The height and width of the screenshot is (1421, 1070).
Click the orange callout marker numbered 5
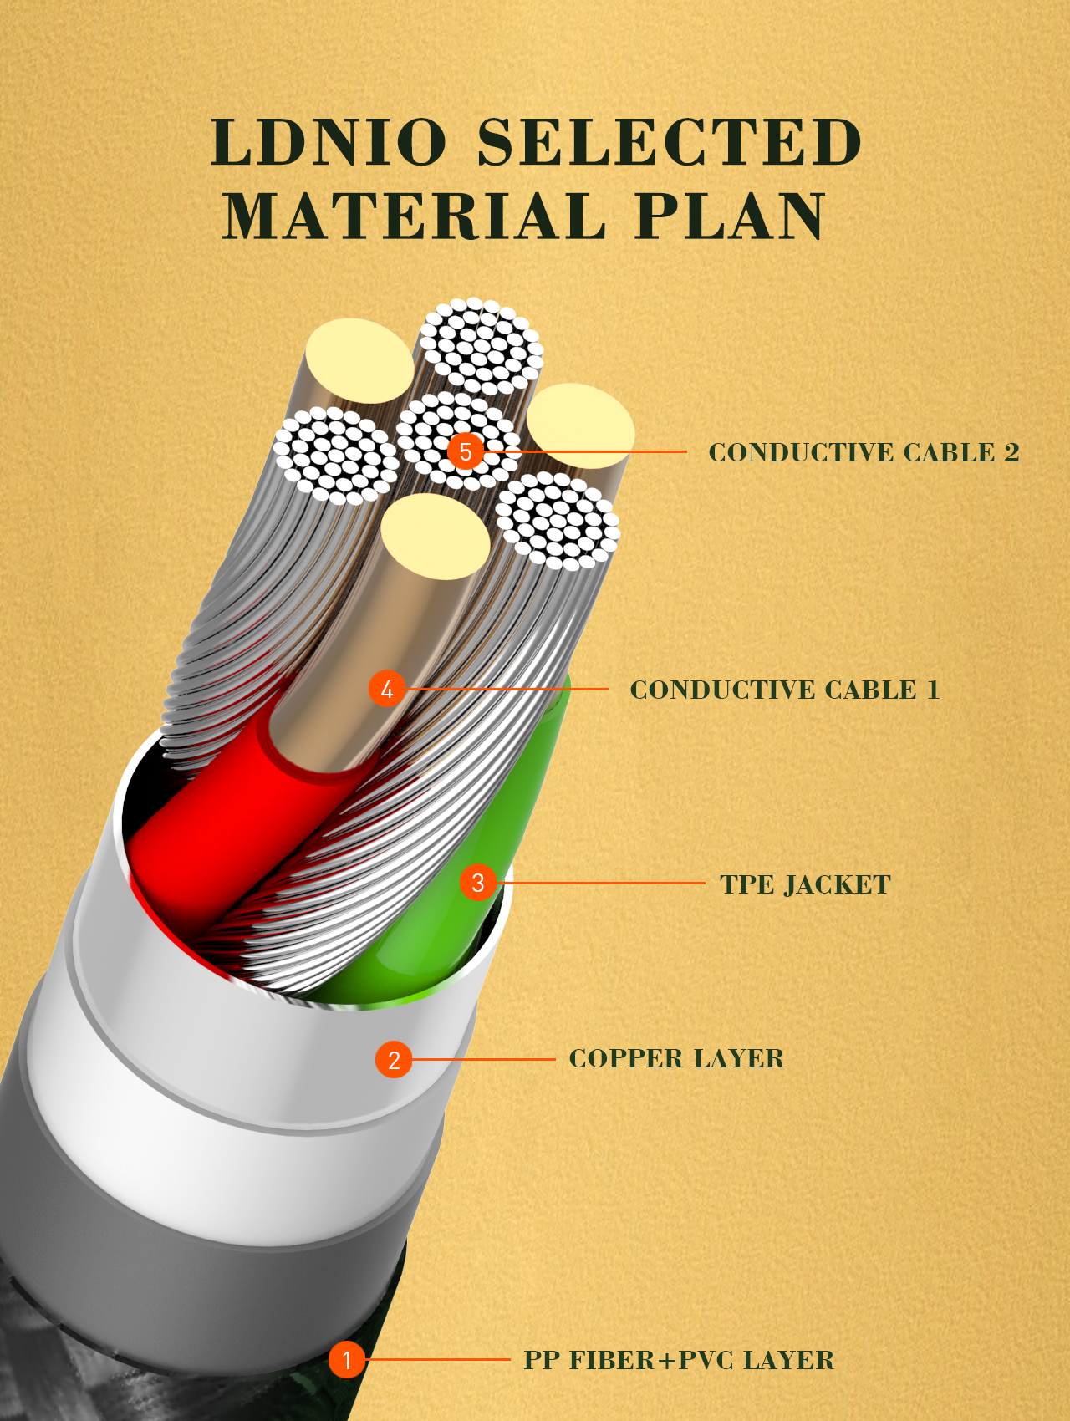coord(466,451)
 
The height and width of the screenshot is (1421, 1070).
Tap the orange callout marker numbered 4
coord(387,689)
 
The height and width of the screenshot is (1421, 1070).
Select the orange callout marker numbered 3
coord(478,883)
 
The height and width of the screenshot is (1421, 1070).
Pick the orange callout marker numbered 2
coord(394,1060)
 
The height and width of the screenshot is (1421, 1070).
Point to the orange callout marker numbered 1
coord(346,1360)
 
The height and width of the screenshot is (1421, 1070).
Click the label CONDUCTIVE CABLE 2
coord(864,452)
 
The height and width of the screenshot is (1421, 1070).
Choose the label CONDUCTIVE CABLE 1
coord(784,690)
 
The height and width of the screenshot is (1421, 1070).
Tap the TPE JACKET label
coord(805,884)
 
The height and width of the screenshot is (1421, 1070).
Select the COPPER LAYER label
coord(676,1058)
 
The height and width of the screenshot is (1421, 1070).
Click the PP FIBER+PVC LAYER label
coord(679,1360)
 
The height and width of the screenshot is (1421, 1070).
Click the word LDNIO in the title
coord(329,141)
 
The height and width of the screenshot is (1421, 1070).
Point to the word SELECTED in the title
coord(669,141)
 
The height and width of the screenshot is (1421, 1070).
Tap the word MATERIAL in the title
coord(413,216)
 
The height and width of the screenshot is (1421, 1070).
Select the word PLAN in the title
coord(730,216)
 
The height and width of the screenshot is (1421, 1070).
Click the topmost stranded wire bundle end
coord(481,345)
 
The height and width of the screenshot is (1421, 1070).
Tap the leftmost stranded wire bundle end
coord(336,456)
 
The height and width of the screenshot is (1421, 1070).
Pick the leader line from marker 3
coord(602,883)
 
